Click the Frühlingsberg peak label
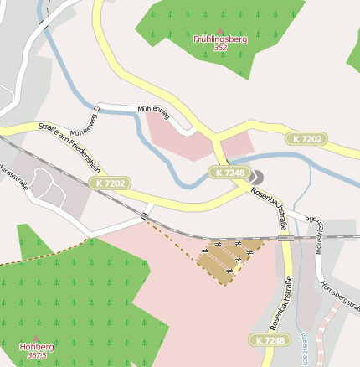pyautogui.click(x=220, y=39)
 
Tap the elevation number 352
pyautogui.click(x=220, y=48)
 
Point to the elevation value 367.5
pyautogui.click(x=36, y=355)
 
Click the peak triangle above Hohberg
pyautogui.click(x=36, y=338)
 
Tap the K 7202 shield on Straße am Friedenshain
pyautogui.click(x=111, y=183)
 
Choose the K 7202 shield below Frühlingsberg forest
pyautogui.click(x=307, y=137)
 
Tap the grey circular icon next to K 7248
pyautogui.click(x=255, y=176)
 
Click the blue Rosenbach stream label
pyautogui.click(x=304, y=347)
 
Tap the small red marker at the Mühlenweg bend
pyautogui.click(x=98, y=108)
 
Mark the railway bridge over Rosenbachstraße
pyautogui.click(x=285, y=237)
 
